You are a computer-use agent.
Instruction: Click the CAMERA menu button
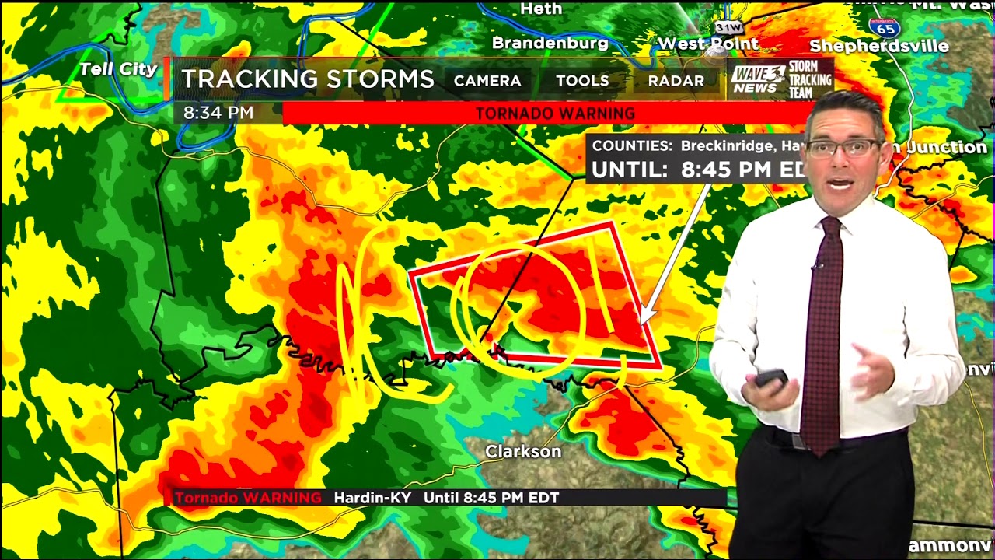(487, 81)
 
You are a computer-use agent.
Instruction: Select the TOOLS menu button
(582, 81)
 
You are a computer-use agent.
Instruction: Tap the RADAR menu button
(676, 81)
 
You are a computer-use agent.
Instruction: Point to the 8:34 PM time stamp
(218, 113)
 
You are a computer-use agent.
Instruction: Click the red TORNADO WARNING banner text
(555, 114)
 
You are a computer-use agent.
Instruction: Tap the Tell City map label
(118, 69)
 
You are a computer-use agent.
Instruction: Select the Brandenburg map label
(550, 43)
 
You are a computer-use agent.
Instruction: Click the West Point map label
(707, 44)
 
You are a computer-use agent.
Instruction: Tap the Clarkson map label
(523, 451)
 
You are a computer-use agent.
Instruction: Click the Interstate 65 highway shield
(885, 27)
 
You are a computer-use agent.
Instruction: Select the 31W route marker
(728, 27)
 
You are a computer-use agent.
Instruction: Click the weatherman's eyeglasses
(843, 148)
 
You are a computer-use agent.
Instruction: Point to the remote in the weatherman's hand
(771, 378)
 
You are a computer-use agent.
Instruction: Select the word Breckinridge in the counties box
(727, 145)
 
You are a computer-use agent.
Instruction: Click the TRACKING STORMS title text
(308, 79)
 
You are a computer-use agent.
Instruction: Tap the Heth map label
(540, 9)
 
